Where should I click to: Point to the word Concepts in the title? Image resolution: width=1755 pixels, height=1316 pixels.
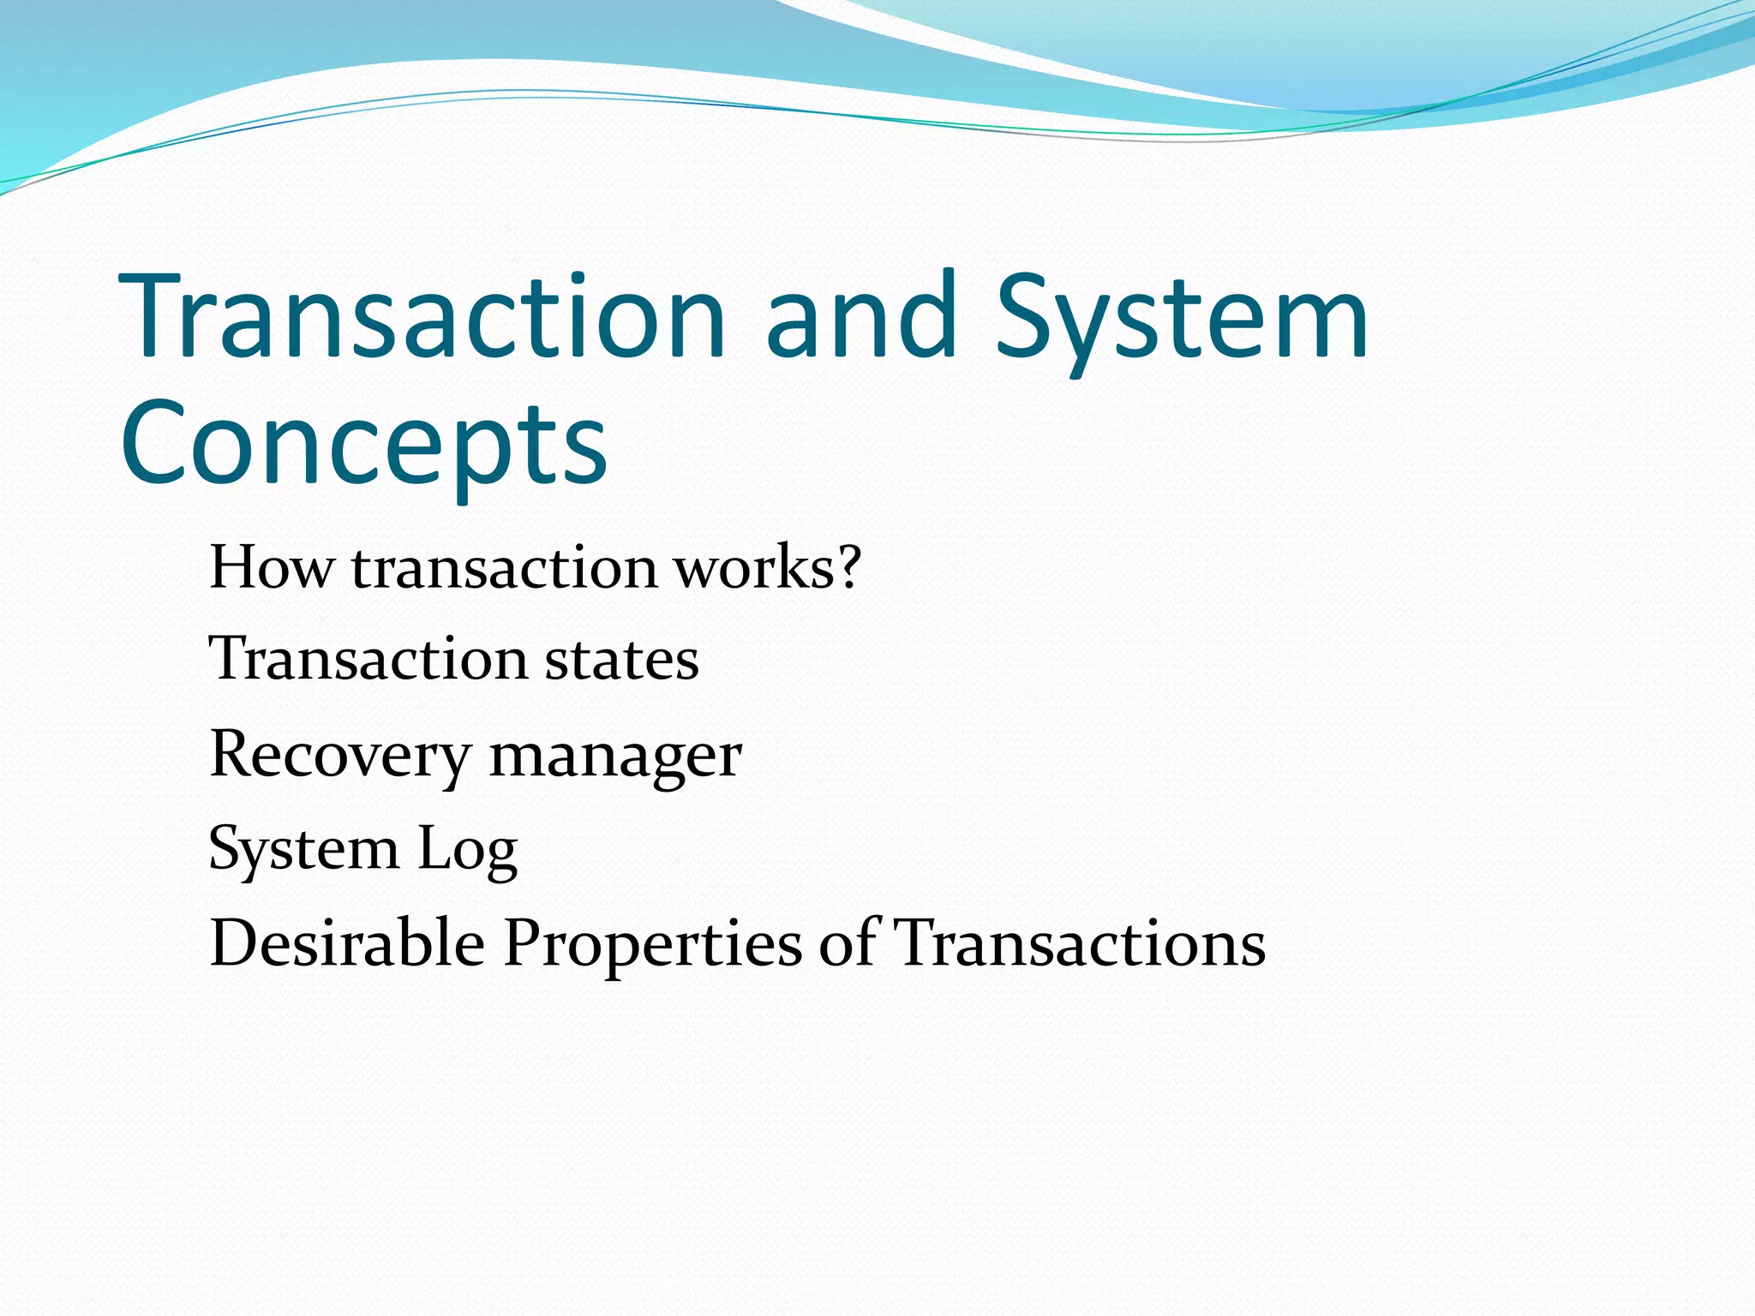click(364, 446)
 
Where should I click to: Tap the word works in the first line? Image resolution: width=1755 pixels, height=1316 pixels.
click(752, 567)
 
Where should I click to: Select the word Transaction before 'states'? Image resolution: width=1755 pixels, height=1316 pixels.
click(368, 659)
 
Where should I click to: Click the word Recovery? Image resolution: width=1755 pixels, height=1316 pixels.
click(339, 757)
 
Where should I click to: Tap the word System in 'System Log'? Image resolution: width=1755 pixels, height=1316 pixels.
click(303, 849)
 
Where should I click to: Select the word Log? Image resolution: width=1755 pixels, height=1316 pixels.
click(468, 851)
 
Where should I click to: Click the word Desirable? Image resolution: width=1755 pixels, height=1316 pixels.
click(347, 942)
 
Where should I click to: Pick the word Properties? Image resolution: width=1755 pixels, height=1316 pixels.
click(652, 944)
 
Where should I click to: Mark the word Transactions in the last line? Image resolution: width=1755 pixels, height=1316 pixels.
click(1080, 942)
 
